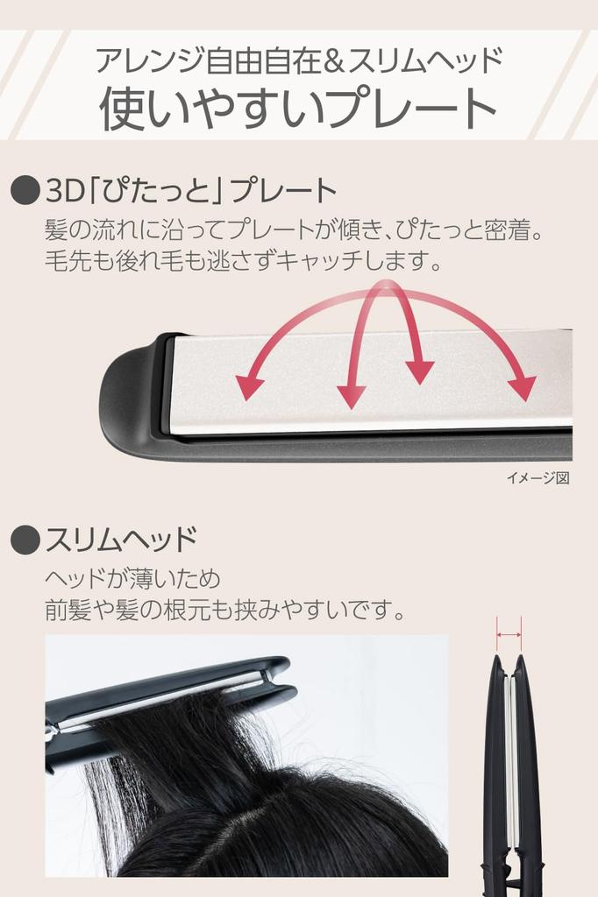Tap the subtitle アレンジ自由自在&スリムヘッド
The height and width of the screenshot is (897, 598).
tap(298, 60)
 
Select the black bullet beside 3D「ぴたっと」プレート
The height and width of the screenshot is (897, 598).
tap(25, 190)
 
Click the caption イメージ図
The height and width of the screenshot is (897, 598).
tap(537, 478)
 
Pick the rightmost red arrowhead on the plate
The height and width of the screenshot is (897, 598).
tap(523, 387)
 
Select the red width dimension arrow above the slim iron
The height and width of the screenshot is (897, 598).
tap(509, 633)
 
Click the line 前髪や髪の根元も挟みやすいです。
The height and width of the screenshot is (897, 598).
tap(225, 610)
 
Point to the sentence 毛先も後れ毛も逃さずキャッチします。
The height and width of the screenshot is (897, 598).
tap(243, 261)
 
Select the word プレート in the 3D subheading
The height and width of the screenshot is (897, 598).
tap(288, 190)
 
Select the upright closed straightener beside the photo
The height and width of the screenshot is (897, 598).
tap(512, 771)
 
